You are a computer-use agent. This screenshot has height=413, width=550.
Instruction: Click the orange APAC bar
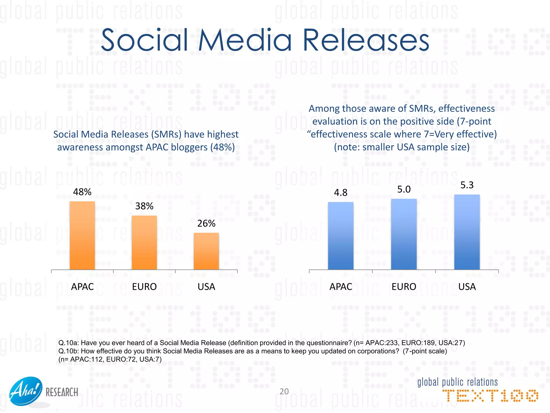[82, 236]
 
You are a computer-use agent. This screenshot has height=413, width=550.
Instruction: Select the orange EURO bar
[144, 243]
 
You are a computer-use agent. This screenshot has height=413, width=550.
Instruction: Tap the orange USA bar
[206, 251]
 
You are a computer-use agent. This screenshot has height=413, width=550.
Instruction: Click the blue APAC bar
[341, 236]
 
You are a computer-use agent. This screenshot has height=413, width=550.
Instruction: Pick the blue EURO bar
[404, 234]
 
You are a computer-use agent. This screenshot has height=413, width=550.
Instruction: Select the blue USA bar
[467, 232]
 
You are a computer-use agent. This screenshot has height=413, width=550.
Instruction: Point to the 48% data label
[82, 192]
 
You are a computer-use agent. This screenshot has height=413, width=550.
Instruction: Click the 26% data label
[206, 223]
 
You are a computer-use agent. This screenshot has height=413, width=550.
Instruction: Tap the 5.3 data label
[467, 185]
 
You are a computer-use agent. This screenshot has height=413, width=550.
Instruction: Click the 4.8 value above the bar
[341, 193]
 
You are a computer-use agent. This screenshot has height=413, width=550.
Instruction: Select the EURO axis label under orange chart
[144, 287]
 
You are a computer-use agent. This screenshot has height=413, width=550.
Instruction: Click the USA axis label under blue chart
[467, 287]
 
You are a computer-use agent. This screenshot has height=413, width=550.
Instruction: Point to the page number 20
[284, 391]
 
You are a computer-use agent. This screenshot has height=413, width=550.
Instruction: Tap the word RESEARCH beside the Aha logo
[62, 393]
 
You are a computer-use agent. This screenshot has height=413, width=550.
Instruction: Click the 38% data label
[144, 206]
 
